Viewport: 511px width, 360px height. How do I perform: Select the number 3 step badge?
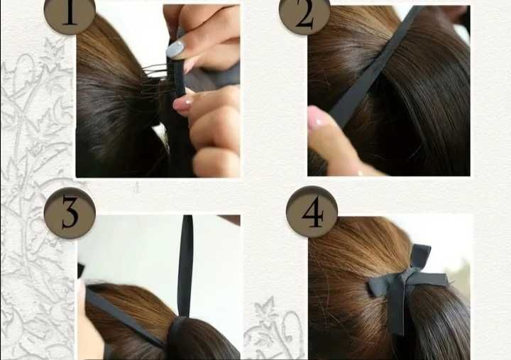[x=70, y=213]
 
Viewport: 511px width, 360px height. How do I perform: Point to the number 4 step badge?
[x=312, y=212]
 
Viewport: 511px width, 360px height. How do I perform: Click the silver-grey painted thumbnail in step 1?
[x=176, y=50]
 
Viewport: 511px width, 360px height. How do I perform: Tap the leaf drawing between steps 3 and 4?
[x=266, y=309]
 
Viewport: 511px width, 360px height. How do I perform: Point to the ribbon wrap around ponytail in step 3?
[x=177, y=336]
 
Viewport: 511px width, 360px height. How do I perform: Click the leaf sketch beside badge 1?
[x=55, y=49]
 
